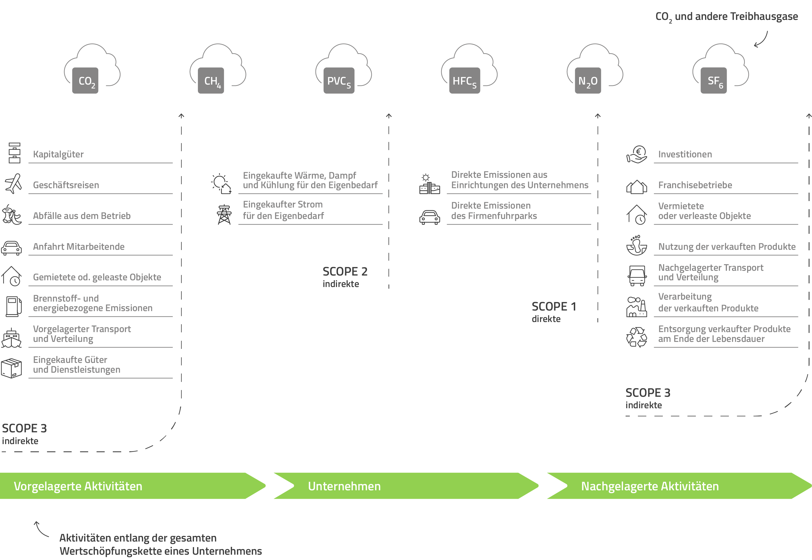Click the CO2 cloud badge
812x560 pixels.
pyautogui.click(x=85, y=80)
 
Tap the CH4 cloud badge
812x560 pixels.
pyautogui.click(x=211, y=80)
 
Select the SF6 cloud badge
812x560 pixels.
pyautogui.click(x=713, y=80)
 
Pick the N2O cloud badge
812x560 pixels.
pyautogui.click(x=588, y=80)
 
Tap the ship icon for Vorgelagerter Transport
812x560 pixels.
pyautogui.click(x=11, y=338)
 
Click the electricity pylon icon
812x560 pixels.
pyautogui.click(x=224, y=214)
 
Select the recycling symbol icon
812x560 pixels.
pyautogui.click(x=637, y=337)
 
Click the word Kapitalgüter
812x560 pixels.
pyautogui.click(x=58, y=154)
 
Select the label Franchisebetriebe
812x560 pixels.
pyautogui.click(x=695, y=185)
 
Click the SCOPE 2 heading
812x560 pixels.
pyautogui.click(x=345, y=272)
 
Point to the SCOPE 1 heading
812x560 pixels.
pyautogui.click(x=554, y=307)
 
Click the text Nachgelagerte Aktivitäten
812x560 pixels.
pyautogui.click(x=650, y=486)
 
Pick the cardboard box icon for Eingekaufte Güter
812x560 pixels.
pyautogui.click(x=11, y=368)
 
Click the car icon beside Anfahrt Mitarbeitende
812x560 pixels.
pyautogui.click(x=11, y=248)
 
